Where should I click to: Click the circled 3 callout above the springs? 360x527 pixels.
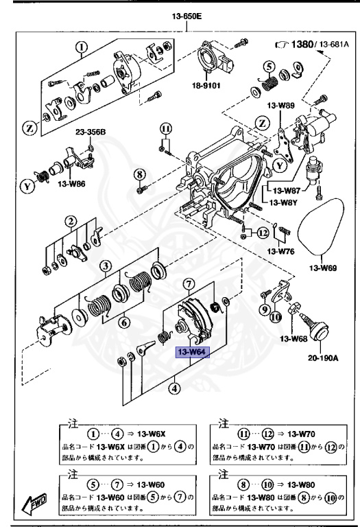click(104, 266)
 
